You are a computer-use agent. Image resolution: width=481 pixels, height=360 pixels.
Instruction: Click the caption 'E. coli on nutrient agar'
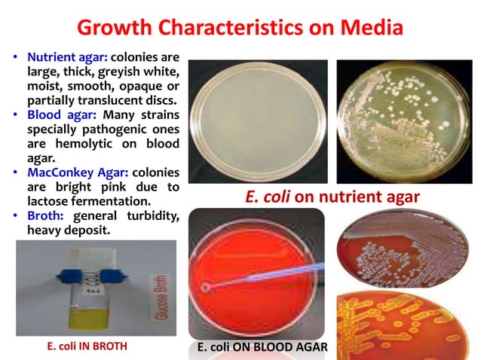coord(332,197)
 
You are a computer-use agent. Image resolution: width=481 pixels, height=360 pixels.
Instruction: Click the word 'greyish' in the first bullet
coord(124,72)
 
